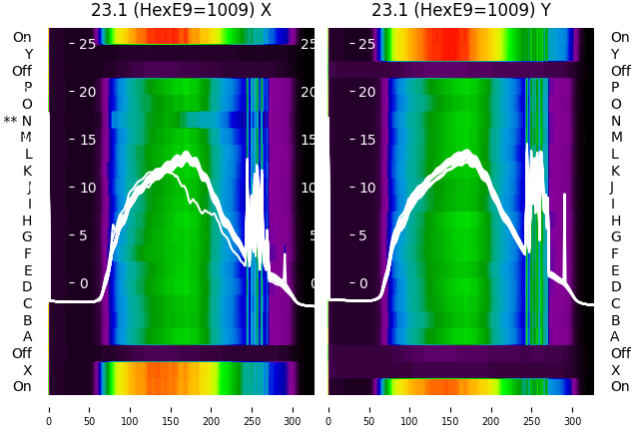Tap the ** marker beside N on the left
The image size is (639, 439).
click(x=11, y=121)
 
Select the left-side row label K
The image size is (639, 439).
click(x=28, y=171)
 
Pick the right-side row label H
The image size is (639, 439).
click(x=615, y=220)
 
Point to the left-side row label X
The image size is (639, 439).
click(x=28, y=370)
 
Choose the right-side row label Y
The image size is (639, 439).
click(x=615, y=54)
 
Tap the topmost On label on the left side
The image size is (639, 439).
click(x=22, y=37)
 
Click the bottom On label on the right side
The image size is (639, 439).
click(x=620, y=386)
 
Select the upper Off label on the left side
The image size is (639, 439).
click(x=22, y=71)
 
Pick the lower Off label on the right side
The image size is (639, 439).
click(x=620, y=353)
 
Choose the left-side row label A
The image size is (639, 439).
click(x=28, y=336)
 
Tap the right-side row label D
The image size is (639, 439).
click(x=615, y=286)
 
